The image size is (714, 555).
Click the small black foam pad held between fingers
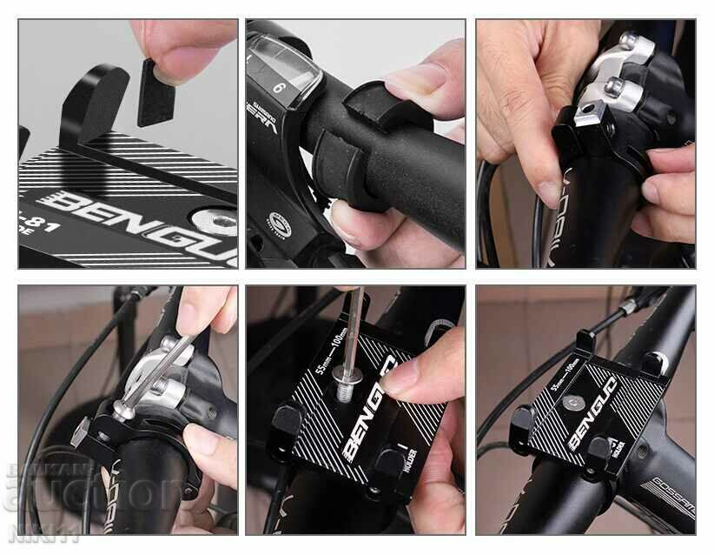click(x=157, y=91)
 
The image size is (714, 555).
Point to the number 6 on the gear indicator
click(x=280, y=88)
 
